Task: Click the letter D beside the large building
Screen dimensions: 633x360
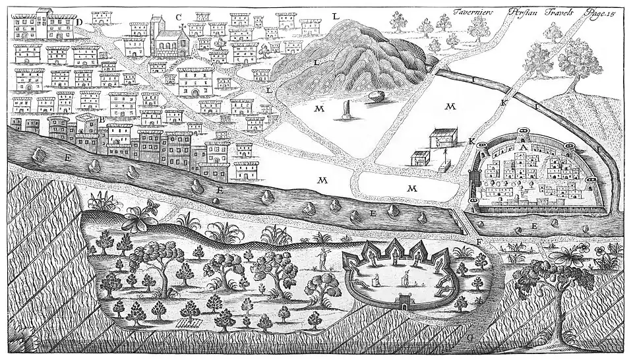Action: pos(78,22)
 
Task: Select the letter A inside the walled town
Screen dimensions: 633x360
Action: pos(524,148)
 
